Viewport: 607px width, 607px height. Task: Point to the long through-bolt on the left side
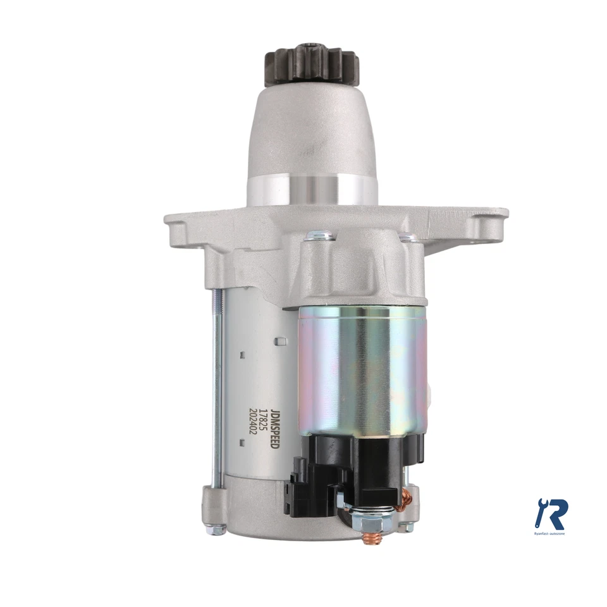216,386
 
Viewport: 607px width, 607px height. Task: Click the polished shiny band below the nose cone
312,188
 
